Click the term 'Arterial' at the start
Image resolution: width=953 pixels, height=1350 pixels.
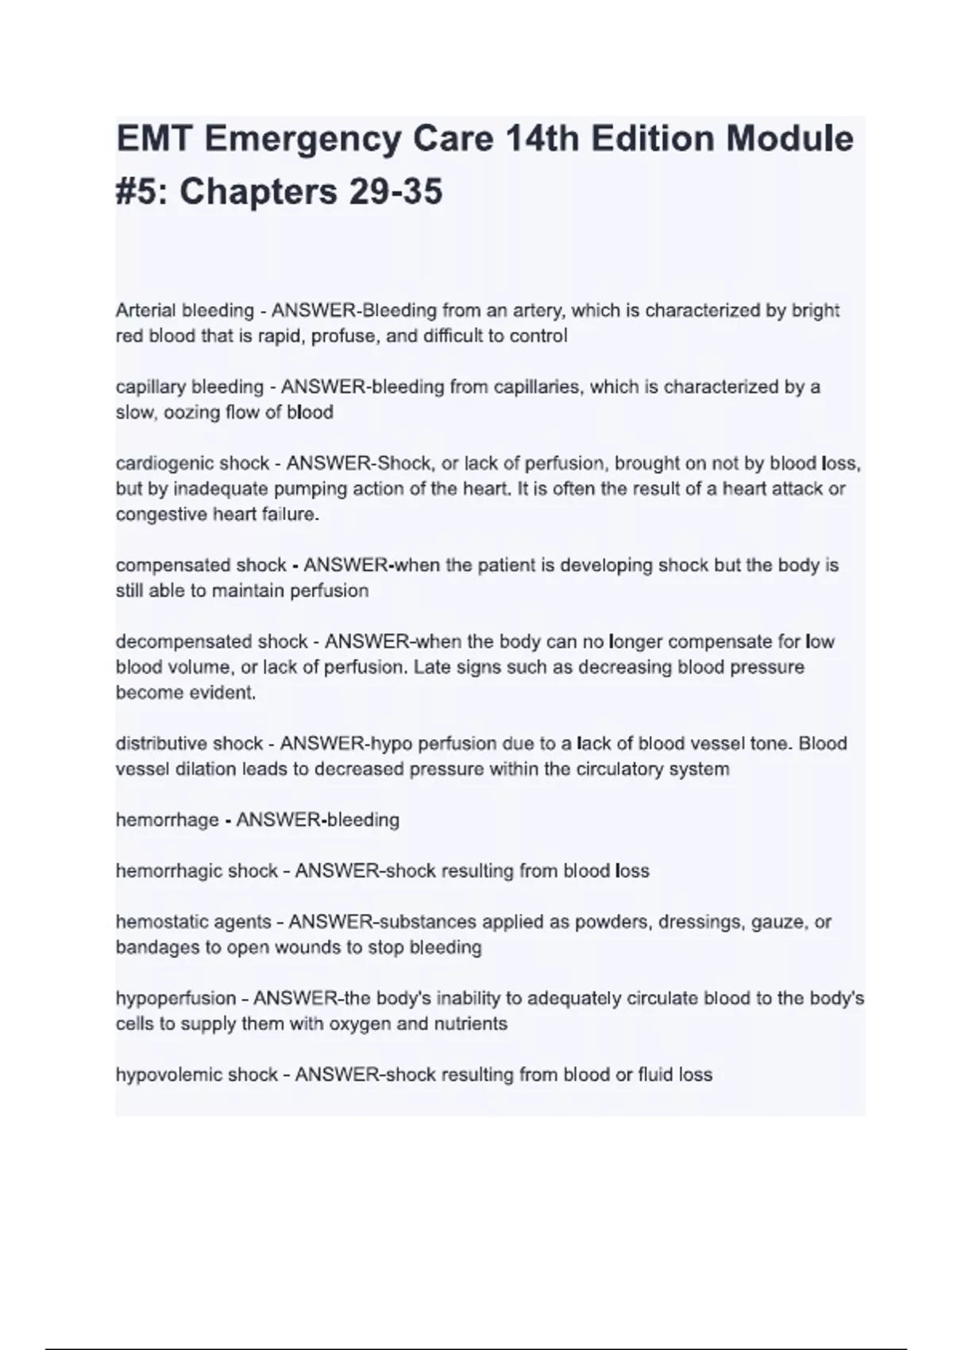pyautogui.click(x=145, y=310)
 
